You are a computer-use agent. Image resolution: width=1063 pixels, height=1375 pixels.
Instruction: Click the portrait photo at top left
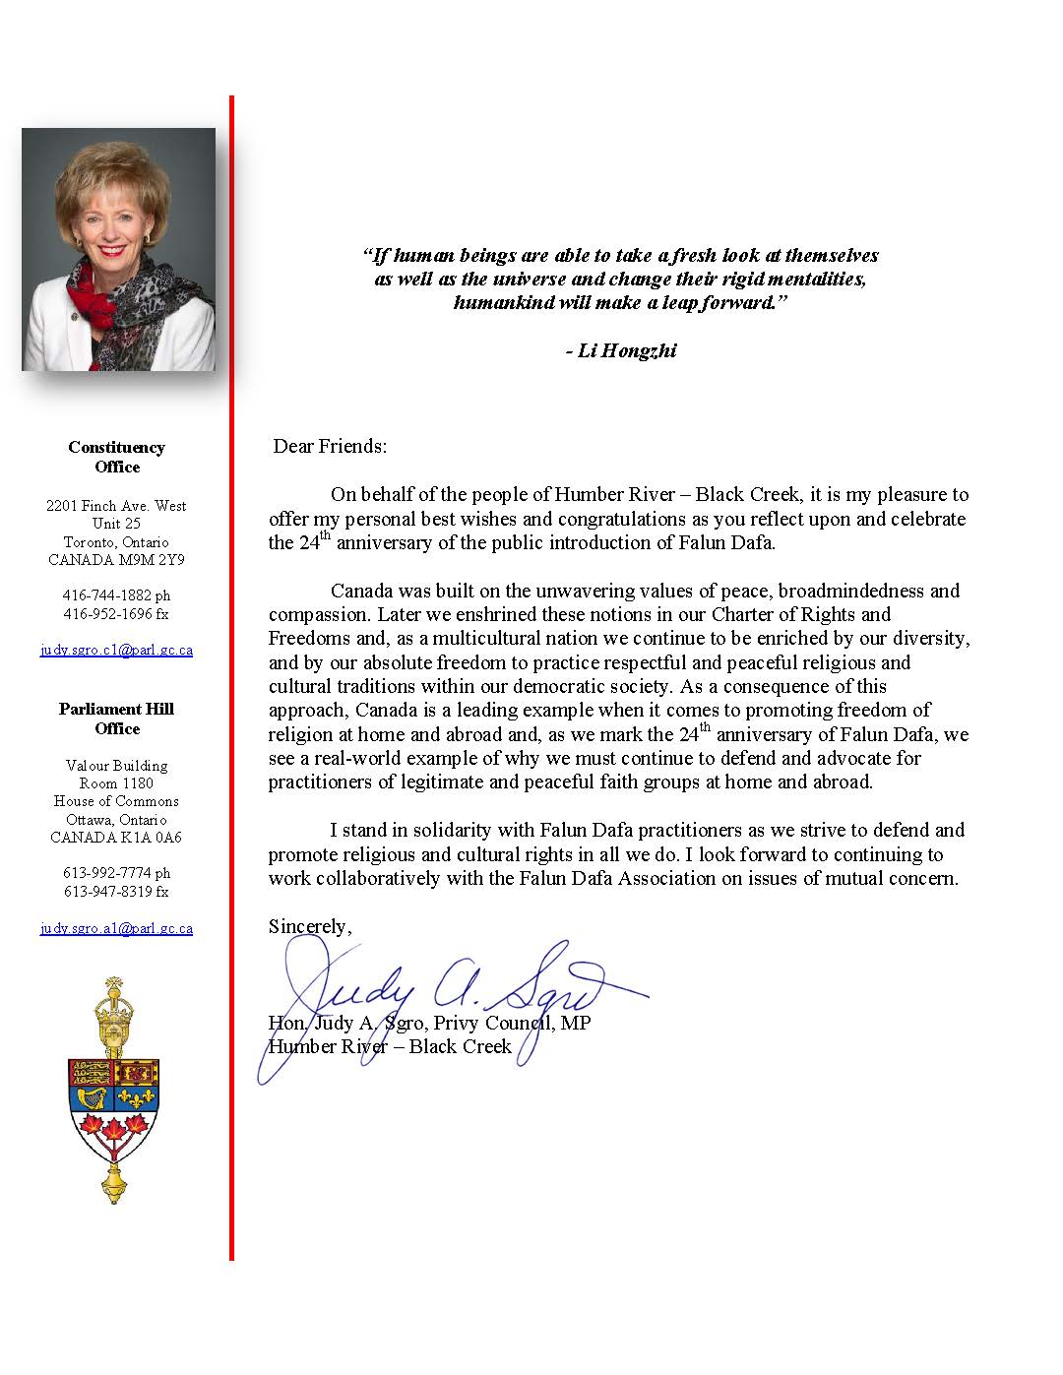point(118,249)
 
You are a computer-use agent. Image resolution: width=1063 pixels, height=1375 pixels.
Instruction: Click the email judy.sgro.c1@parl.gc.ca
point(116,651)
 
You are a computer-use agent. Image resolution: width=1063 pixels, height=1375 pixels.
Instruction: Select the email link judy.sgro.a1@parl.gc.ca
point(116,928)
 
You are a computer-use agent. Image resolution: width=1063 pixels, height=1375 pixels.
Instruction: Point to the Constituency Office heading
point(116,457)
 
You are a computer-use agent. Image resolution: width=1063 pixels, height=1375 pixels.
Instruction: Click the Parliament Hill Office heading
point(116,719)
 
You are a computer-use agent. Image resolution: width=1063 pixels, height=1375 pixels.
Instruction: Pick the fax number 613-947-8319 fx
point(116,892)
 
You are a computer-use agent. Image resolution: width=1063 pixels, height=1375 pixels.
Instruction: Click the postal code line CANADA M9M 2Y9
point(116,560)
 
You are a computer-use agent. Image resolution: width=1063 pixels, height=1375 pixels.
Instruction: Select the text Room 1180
point(116,783)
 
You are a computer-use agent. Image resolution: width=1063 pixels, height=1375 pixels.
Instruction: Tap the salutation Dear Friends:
point(330,446)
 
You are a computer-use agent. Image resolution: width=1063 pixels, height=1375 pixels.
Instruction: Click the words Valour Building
point(116,766)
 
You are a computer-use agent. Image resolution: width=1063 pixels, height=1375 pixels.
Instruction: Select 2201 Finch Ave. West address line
point(116,506)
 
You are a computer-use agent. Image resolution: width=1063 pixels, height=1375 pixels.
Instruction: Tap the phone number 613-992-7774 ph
point(116,873)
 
